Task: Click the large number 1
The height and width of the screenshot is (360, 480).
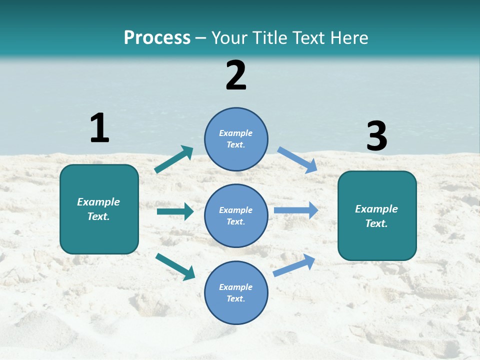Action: click(99, 128)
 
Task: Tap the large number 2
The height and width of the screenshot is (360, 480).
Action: click(236, 75)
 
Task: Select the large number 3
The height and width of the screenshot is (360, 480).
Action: click(376, 136)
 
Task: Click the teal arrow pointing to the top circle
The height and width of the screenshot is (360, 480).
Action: click(173, 159)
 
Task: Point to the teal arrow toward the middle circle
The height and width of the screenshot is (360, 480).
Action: click(175, 211)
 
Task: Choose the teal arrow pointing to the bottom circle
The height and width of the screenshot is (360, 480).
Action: click(175, 266)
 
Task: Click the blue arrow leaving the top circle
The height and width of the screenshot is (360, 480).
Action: click(297, 159)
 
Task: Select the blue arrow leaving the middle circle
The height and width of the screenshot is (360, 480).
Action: click(296, 210)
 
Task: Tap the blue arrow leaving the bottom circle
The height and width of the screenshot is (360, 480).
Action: click(294, 265)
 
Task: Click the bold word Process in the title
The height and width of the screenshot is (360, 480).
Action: click(157, 37)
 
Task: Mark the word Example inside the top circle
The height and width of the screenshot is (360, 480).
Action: click(236, 133)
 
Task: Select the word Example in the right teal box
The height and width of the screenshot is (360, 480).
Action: click(376, 209)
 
